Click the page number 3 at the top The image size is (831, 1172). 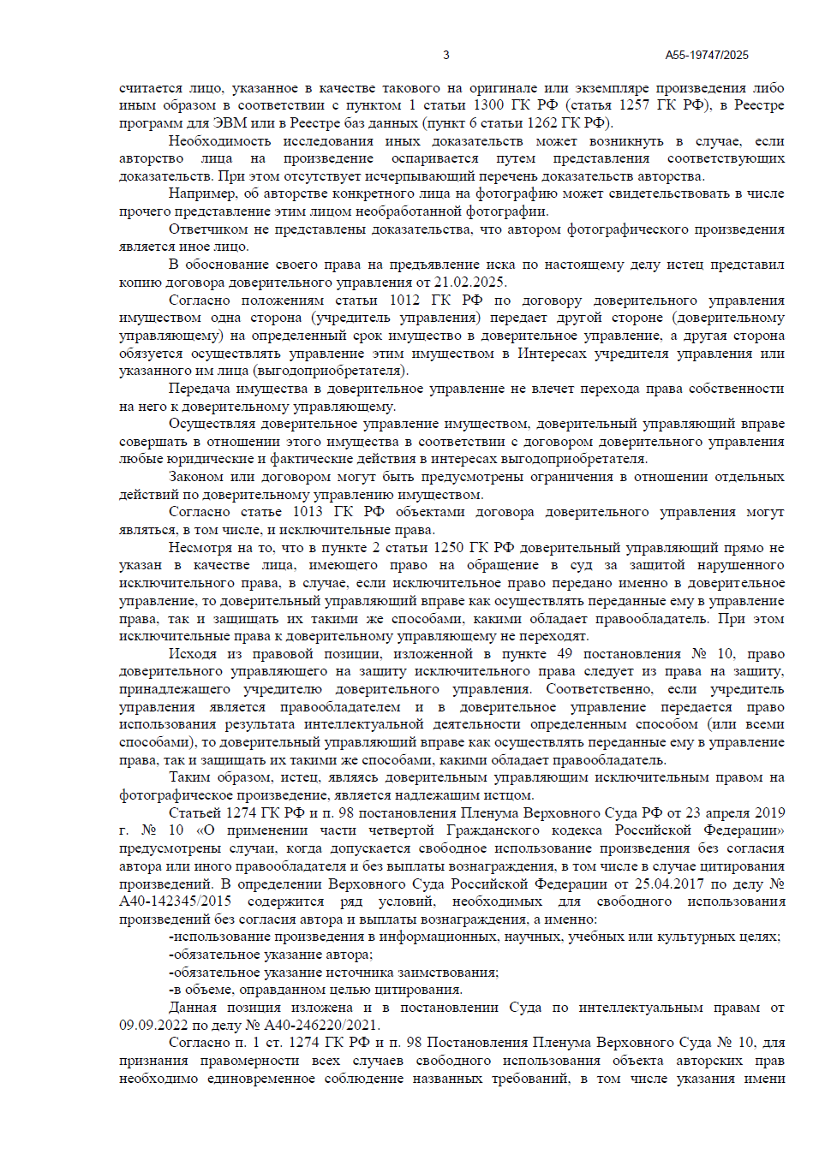445,55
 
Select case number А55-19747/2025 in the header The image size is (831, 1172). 707,55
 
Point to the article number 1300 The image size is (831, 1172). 488,105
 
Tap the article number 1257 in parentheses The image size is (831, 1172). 635,105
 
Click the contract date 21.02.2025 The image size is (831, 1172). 469,283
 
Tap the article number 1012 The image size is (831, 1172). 404,300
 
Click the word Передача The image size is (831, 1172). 199,389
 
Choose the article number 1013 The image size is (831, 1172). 308,512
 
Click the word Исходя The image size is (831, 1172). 192,654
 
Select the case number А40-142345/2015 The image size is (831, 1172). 175,901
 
